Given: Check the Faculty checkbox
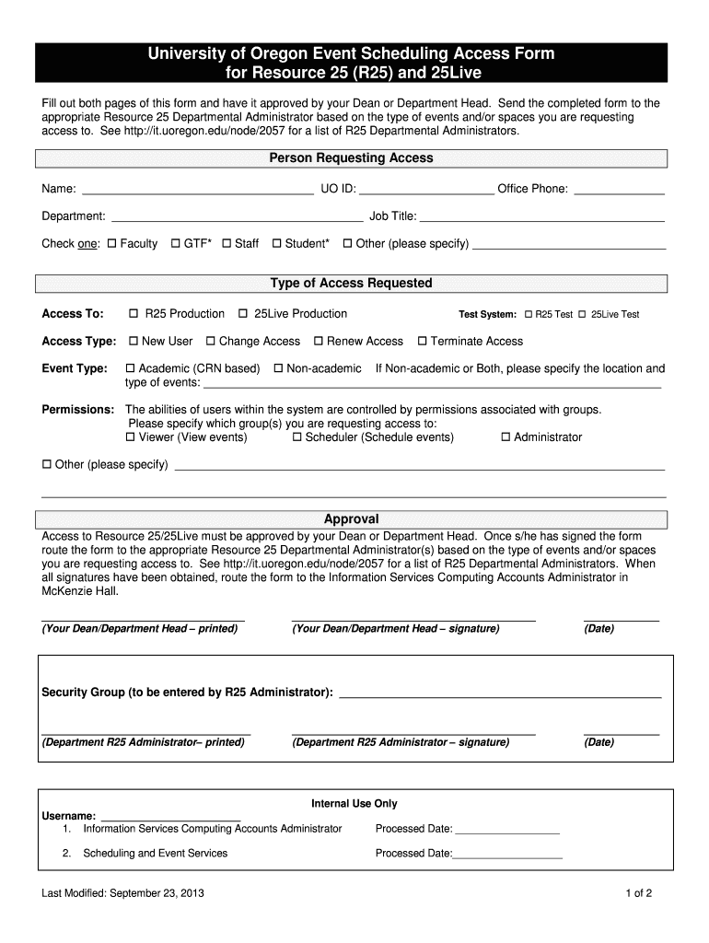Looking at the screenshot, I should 112,244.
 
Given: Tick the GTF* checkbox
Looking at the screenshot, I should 176,244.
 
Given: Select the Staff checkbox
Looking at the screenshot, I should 227,244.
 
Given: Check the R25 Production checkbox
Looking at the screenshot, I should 134,314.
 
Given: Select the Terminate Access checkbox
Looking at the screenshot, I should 423,342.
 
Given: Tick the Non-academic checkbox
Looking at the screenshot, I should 278,369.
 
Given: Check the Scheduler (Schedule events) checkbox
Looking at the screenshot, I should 297,437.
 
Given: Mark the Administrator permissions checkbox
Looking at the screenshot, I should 505,437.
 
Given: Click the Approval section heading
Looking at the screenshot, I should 351,519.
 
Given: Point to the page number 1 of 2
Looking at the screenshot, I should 638,893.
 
